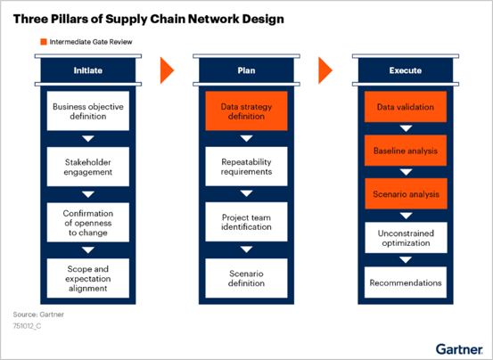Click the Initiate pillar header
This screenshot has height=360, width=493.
coord(87,70)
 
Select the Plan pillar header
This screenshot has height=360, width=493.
coord(246,70)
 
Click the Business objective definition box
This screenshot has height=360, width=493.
coord(87,112)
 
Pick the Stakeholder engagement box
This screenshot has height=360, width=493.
coord(87,166)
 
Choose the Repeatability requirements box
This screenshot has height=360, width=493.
coord(246,166)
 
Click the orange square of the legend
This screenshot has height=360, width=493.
coord(42,41)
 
